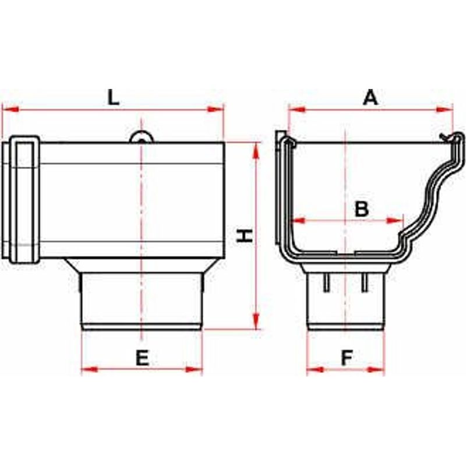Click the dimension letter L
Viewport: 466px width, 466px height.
[x=113, y=98]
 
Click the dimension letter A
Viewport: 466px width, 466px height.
[x=370, y=98]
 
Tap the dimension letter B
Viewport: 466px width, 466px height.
[x=362, y=209]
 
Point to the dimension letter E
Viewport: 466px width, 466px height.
[x=142, y=358]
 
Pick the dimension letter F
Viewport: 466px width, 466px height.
[x=347, y=358]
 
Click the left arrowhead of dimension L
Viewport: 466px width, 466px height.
[x=10, y=109]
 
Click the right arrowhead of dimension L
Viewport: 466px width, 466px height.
[x=215, y=109]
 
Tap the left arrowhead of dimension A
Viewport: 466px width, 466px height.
[x=296, y=109]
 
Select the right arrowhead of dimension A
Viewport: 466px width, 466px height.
[x=444, y=110]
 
